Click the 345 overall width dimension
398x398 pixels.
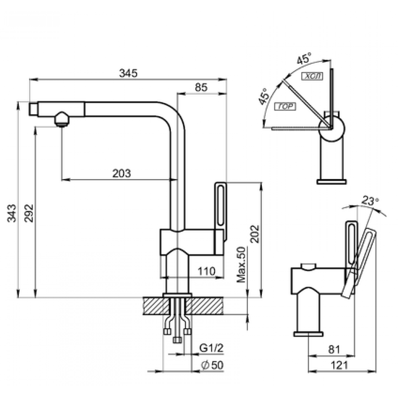tap(129, 73)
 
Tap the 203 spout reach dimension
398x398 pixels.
tap(121, 173)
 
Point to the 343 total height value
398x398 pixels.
tap(12, 213)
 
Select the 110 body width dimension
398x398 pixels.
tap(207, 271)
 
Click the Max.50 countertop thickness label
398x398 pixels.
tap(242, 265)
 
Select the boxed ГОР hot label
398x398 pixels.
tap(285, 106)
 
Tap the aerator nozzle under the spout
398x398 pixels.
tap(61, 120)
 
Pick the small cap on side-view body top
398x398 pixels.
tap(308, 266)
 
